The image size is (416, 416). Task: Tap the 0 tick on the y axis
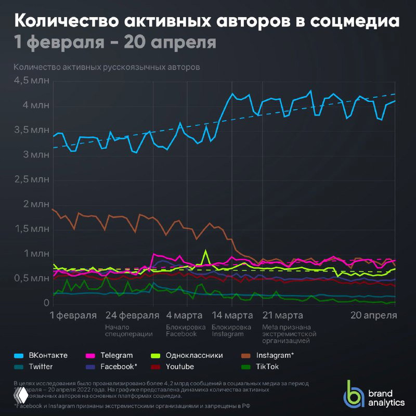tap(46, 303)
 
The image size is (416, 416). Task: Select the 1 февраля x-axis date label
tap(73, 315)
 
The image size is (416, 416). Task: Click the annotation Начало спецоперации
tap(128, 331)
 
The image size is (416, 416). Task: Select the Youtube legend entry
tap(179, 367)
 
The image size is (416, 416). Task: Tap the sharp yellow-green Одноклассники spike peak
tap(206, 251)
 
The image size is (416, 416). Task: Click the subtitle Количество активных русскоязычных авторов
tap(107, 67)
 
